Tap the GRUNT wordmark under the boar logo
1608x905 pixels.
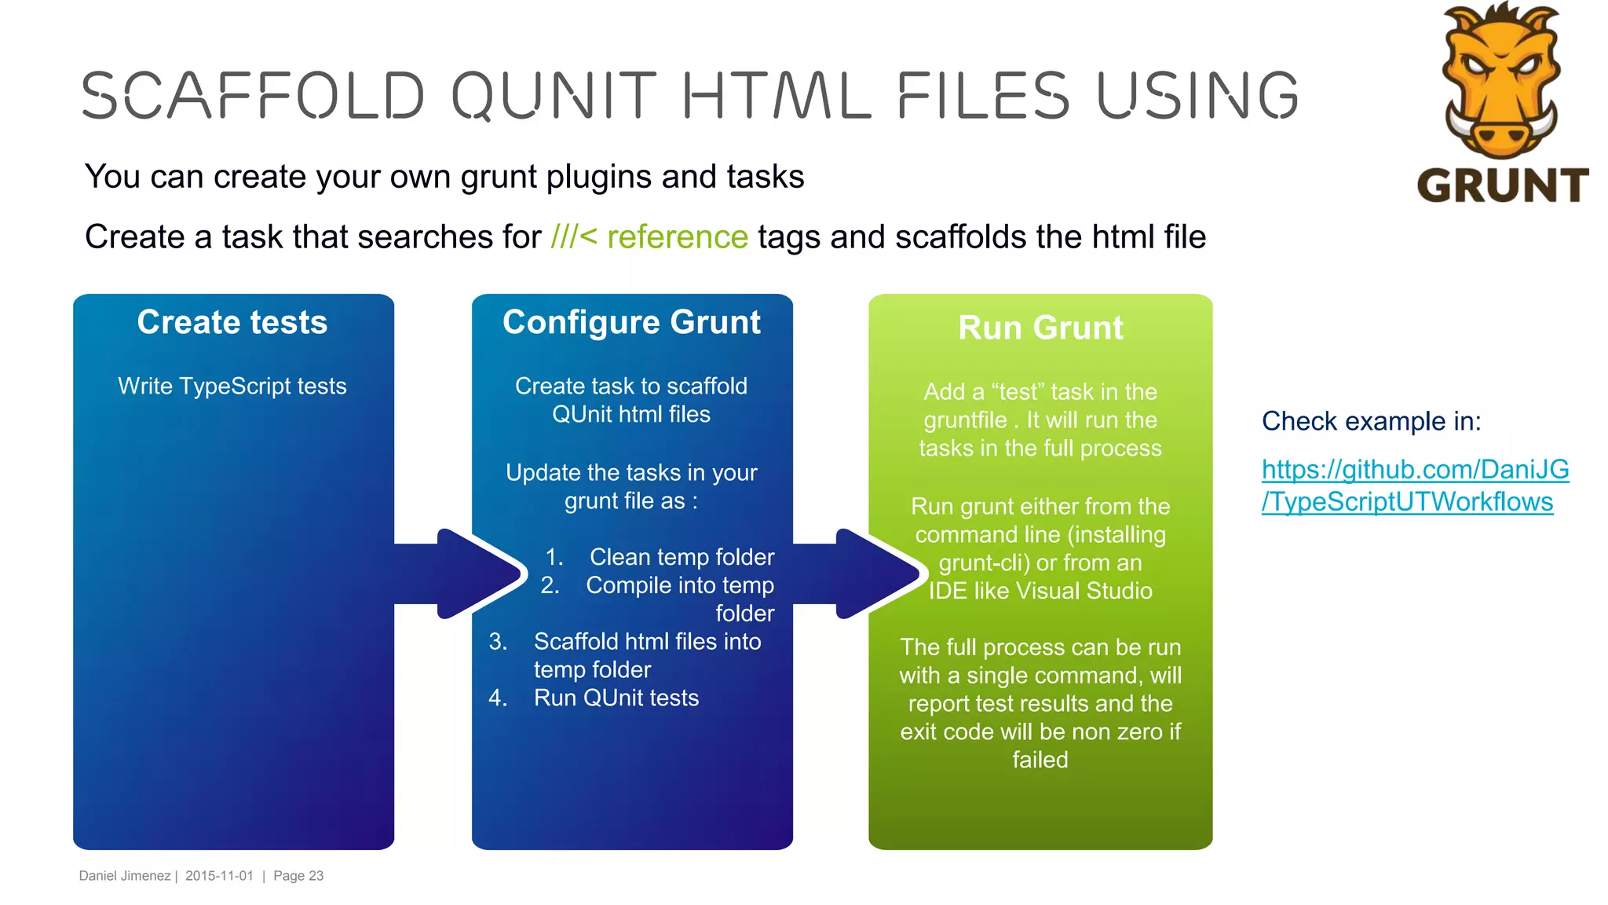tap(1502, 186)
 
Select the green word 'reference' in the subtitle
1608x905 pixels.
tap(677, 237)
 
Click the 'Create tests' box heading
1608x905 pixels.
tap(232, 322)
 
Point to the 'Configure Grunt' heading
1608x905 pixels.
tap(631, 322)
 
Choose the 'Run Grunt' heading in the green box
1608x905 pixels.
tap(1040, 328)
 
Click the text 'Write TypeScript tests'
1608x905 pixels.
tap(232, 386)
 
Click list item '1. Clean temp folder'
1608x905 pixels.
tap(660, 557)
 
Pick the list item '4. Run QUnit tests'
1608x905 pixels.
tap(594, 698)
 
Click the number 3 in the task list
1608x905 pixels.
tap(497, 642)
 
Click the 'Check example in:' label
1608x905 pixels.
tap(1371, 421)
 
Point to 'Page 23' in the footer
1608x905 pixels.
tap(298, 876)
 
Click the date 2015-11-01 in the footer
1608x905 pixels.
tap(219, 876)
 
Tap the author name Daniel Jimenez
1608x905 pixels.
tap(125, 876)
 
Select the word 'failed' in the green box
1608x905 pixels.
tap(1040, 760)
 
